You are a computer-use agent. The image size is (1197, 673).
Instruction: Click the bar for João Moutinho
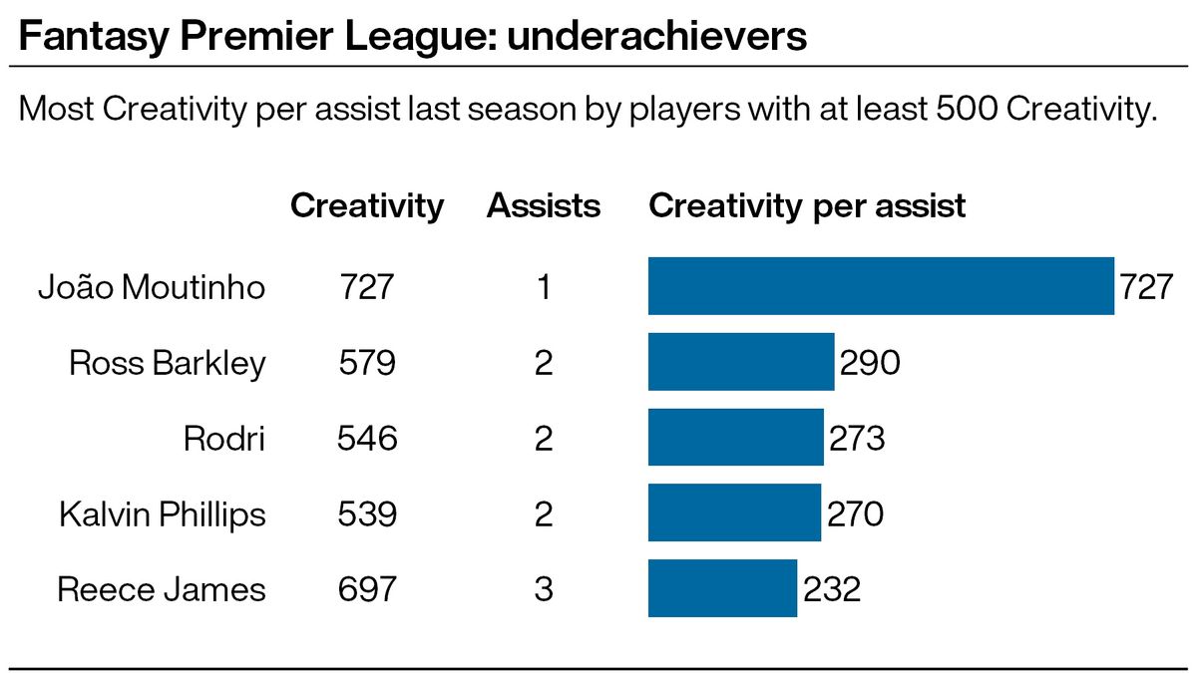click(x=881, y=286)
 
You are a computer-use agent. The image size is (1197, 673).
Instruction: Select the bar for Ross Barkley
click(x=741, y=362)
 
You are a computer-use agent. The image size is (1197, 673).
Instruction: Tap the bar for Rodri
click(x=736, y=438)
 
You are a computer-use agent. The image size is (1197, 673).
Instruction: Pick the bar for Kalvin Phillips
click(x=734, y=513)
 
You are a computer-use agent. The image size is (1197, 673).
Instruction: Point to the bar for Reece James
click(x=722, y=589)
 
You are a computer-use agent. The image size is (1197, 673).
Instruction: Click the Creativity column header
click(x=367, y=206)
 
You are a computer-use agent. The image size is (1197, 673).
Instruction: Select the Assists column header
click(x=544, y=206)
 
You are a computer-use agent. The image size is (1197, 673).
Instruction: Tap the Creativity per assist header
click(x=807, y=206)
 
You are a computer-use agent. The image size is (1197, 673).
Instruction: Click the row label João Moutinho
click(x=152, y=287)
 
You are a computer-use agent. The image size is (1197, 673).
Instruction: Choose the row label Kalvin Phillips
click(x=162, y=514)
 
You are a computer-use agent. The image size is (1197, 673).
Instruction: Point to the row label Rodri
click(x=224, y=439)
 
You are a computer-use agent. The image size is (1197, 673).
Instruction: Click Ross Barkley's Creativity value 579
click(x=367, y=363)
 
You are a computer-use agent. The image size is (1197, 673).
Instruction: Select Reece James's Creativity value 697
click(x=367, y=590)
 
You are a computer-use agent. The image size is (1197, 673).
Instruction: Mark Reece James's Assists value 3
click(x=544, y=590)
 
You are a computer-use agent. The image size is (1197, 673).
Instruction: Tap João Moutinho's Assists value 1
click(x=544, y=287)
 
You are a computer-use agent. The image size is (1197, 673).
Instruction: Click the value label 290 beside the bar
click(x=870, y=363)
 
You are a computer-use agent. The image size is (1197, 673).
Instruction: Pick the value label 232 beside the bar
click(x=830, y=590)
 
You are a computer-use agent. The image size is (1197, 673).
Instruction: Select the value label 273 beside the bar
click(x=856, y=439)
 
